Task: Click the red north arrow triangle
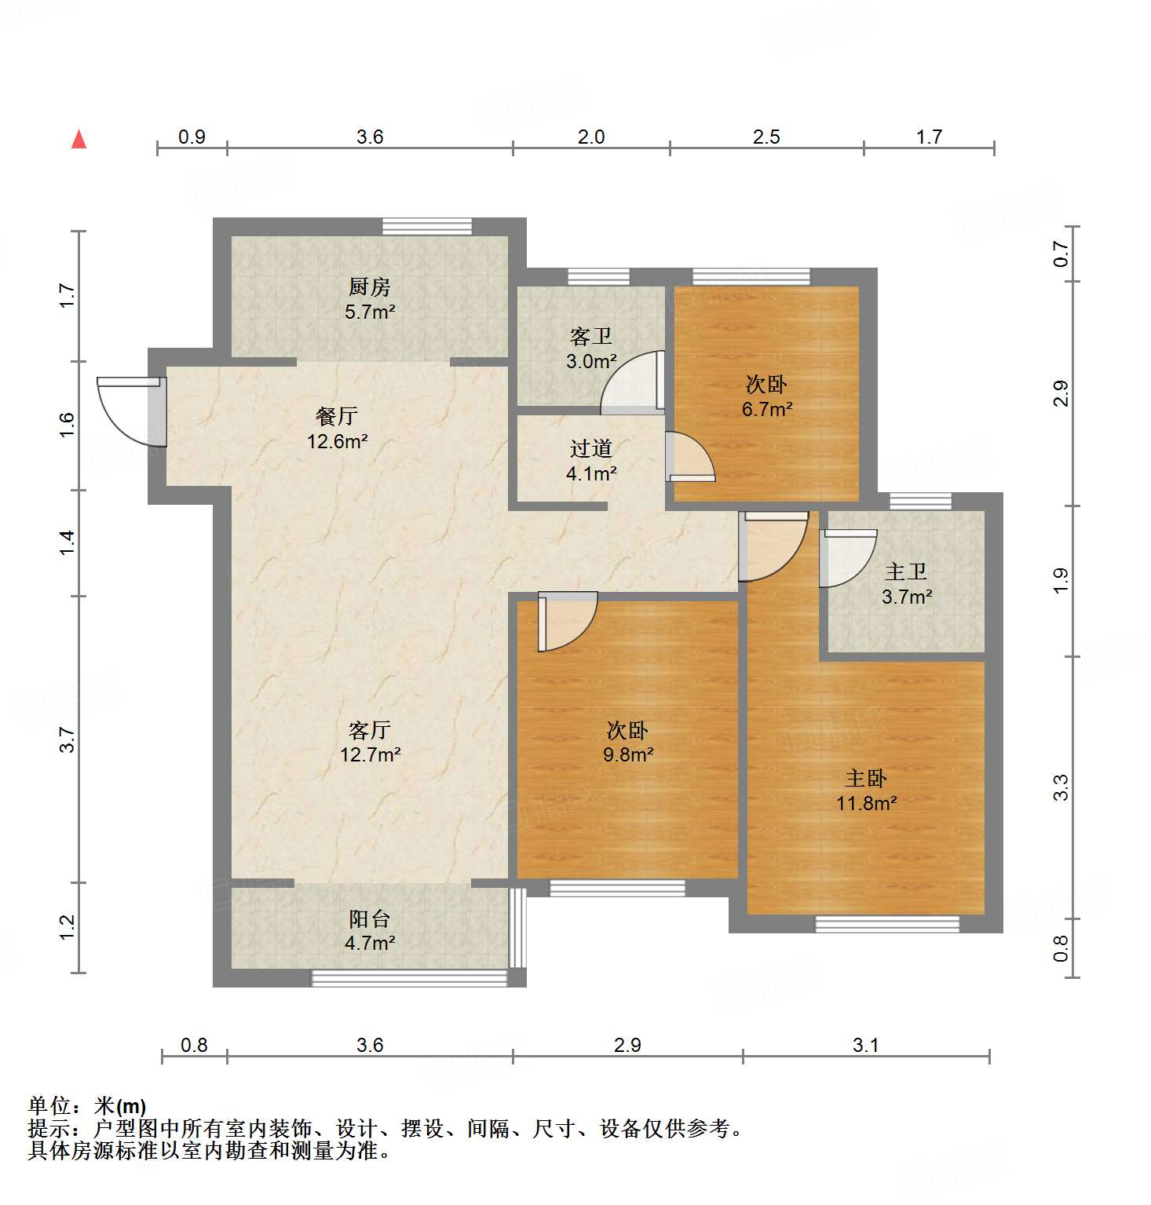coord(79,140)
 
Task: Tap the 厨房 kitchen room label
coord(369,287)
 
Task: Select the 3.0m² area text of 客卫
coord(591,362)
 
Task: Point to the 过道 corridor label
coord(590,449)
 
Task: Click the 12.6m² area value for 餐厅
coord(338,442)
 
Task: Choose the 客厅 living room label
coord(369,731)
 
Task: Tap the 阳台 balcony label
coord(369,919)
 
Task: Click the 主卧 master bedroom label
coord(865,779)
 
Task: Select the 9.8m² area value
coord(628,755)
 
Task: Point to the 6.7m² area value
coord(766,410)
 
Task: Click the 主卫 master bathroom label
coord(906,572)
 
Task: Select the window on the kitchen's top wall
coord(427,227)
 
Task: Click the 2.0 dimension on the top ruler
coord(591,137)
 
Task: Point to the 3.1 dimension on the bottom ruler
coord(865,1046)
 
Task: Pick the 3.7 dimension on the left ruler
coord(68,740)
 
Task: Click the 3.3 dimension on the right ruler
coord(1061,787)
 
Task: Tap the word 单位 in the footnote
coord(49,1107)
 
